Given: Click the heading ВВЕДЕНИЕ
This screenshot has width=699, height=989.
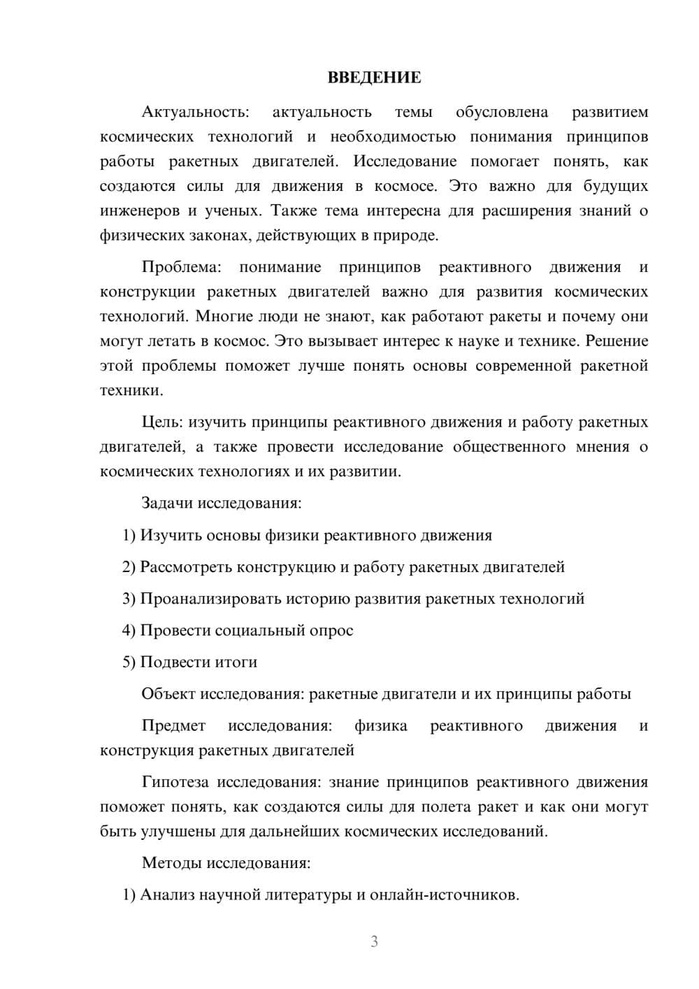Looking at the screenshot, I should tap(374, 78).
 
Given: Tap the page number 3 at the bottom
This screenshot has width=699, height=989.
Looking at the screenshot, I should tap(374, 941).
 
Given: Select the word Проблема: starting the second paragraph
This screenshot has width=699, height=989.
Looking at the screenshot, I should tap(181, 267).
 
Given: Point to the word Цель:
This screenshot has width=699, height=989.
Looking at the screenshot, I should tap(163, 422).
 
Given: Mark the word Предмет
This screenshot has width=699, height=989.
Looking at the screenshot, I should tap(173, 726).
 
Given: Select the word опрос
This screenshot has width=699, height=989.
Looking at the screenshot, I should tap(331, 631).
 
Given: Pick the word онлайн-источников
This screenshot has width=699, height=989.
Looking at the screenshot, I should tap(444, 895).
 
